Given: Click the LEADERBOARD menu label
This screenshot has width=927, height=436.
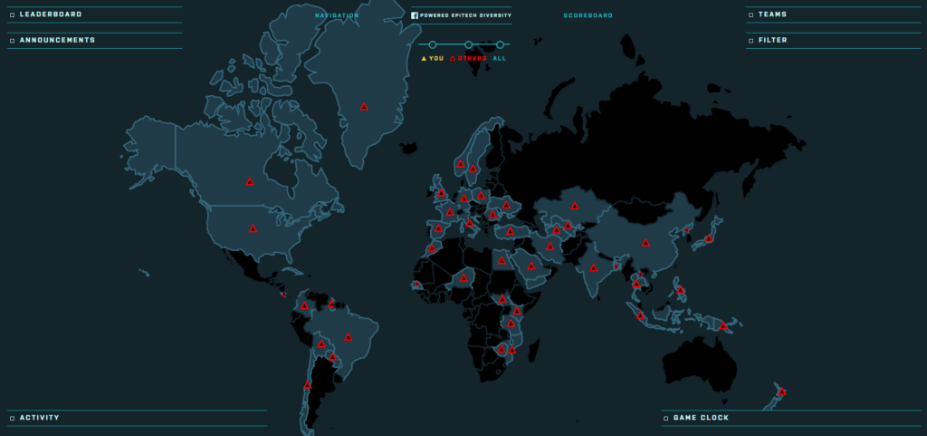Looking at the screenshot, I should tap(51, 15).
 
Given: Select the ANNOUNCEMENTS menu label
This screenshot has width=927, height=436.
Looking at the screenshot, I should tap(57, 40).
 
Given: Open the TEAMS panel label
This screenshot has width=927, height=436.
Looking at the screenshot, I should tap(772, 15).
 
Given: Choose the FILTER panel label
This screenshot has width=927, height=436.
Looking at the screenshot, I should tap(772, 40).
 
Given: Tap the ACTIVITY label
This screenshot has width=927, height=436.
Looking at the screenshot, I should tap(39, 418).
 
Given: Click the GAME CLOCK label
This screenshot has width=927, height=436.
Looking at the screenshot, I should tap(701, 418).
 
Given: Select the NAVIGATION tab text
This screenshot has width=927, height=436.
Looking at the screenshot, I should tap(337, 15).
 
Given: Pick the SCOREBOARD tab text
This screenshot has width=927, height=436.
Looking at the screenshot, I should tap(588, 15).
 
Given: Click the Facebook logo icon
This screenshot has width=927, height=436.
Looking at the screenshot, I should tap(414, 15).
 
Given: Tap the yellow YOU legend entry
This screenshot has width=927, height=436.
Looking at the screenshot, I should tap(433, 58).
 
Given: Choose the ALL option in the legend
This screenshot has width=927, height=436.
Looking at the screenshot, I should tap(500, 58).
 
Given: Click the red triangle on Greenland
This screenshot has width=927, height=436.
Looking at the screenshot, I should tap(364, 107).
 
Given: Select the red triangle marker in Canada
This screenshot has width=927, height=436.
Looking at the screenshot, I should tap(250, 182).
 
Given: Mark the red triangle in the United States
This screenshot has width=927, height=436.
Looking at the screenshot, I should tap(253, 229).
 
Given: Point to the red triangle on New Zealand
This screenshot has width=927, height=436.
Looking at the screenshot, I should tap(782, 392).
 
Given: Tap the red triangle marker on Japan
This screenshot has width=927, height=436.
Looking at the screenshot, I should tap(709, 238).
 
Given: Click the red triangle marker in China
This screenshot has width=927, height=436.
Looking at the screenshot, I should tap(645, 242).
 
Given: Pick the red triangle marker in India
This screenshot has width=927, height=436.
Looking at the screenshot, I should tap(594, 267).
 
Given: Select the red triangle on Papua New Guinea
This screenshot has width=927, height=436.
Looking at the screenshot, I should tap(723, 325).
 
